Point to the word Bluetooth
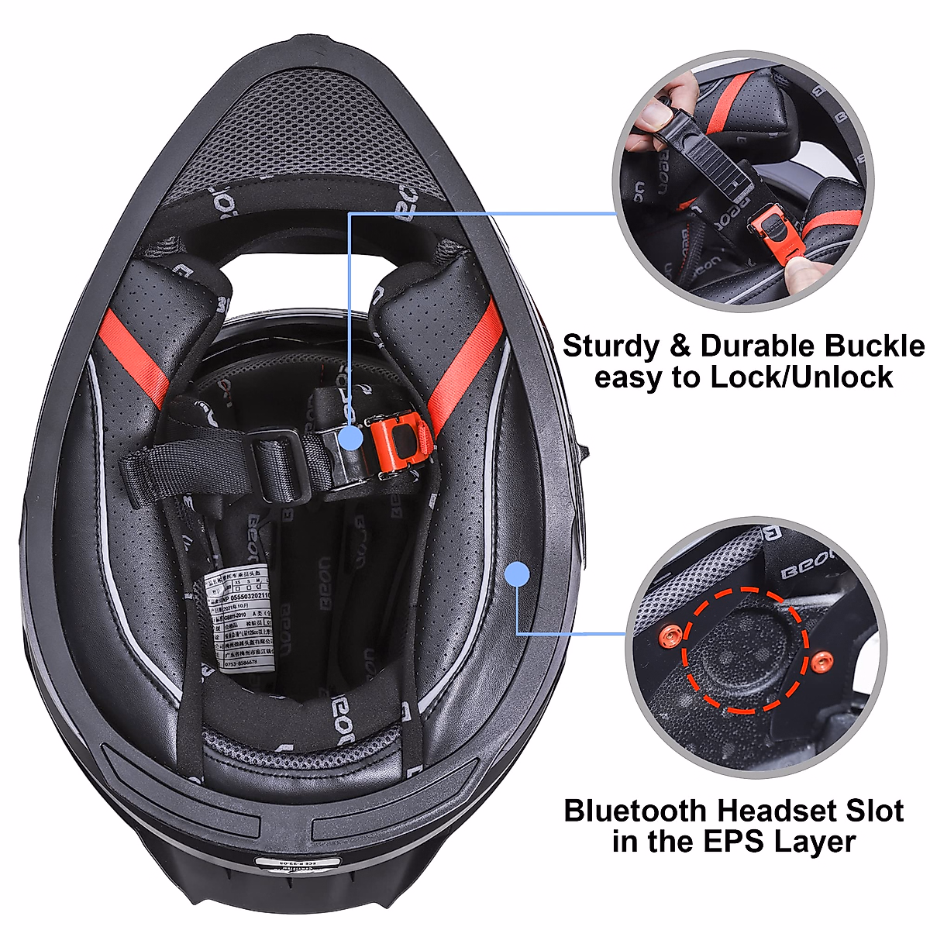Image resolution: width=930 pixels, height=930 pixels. pos(635,811)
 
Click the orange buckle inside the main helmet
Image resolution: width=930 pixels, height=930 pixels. pos(398,443)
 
